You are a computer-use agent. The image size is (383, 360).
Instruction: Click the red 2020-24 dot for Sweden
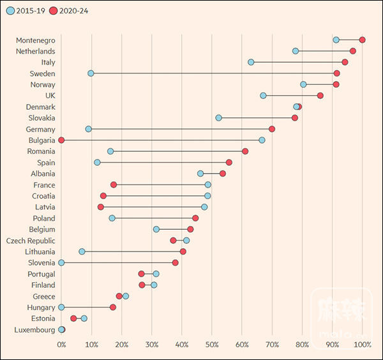click(x=337, y=73)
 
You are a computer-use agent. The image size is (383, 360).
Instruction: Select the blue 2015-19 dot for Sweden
click(x=91, y=73)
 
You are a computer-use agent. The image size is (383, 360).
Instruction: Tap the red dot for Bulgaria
click(x=61, y=140)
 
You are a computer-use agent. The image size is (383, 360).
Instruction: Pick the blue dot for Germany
click(x=89, y=129)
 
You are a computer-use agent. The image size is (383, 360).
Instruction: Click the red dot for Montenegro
click(x=363, y=40)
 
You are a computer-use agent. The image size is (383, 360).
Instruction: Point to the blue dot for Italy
click(x=251, y=62)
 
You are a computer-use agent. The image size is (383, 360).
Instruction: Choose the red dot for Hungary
click(x=113, y=307)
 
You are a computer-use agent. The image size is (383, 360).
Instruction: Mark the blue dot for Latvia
click(x=204, y=207)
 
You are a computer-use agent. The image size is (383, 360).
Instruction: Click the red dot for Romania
click(x=245, y=151)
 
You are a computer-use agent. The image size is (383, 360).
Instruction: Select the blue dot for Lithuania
click(x=82, y=251)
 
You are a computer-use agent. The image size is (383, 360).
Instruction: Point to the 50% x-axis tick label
click(x=212, y=345)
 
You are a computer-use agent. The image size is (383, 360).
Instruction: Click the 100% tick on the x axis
click(x=363, y=345)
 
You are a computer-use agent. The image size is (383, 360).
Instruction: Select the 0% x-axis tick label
click(x=61, y=345)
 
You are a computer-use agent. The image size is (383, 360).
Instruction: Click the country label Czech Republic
click(x=31, y=241)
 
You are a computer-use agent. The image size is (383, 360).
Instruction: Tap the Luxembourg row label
click(x=34, y=329)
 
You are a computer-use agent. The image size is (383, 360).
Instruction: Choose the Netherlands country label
click(x=35, y=51)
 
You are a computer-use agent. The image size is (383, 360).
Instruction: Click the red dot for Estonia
click(x=73, y=318)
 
